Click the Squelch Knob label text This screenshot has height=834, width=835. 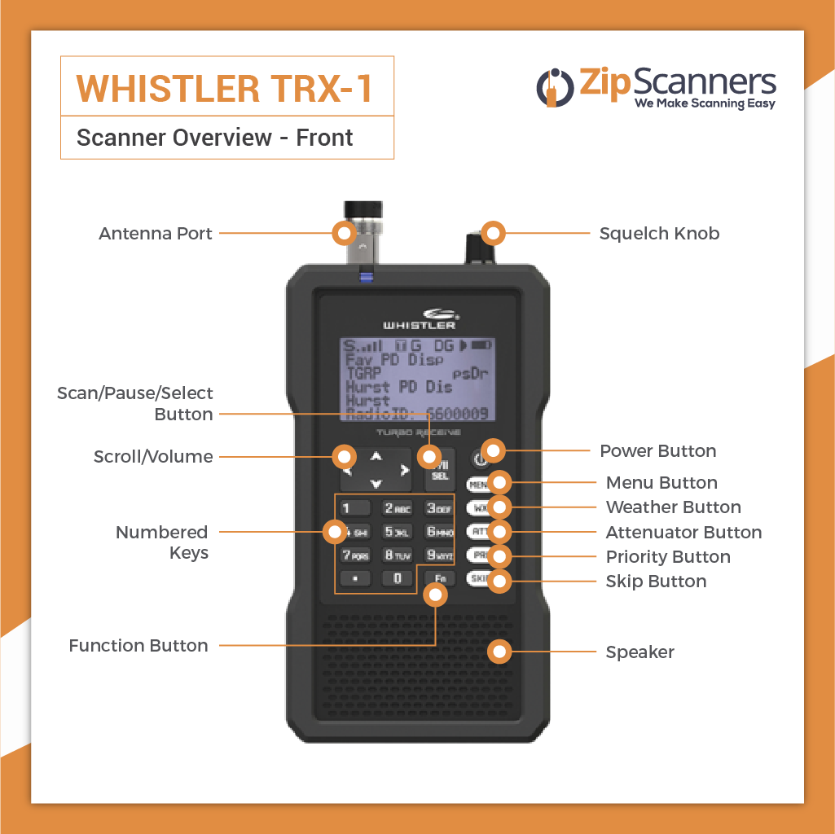pos(659,234)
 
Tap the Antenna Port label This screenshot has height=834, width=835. pos(156,234)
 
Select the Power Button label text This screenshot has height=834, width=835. pos(658,451)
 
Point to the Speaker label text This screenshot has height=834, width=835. pos(639,652)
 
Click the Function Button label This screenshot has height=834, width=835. pos(138,646)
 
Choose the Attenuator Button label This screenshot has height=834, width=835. pos(683,533)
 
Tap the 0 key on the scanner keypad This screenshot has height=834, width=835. pos(398,578)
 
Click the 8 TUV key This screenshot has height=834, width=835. pos(398,555)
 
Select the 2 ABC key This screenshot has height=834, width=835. pos(398,509)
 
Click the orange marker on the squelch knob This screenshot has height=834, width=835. pos(492,234)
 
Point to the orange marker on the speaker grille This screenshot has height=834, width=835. pos(499,652)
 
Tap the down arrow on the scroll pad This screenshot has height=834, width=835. pos(376,484)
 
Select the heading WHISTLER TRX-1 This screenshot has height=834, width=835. pos(225,88)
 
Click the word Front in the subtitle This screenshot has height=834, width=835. pos(324,138)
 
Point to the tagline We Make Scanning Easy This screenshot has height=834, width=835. pos(705,104)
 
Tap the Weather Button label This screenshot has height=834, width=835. pos(673,507)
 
